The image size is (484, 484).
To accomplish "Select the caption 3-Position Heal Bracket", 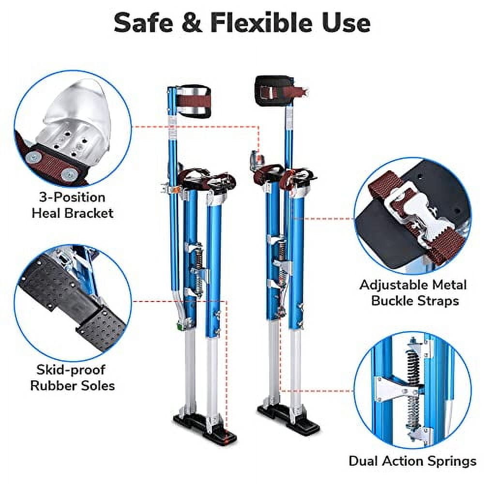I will coord(73,205).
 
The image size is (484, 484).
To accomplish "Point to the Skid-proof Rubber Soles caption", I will coord(73,378).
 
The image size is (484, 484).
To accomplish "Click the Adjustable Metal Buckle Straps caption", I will coord(413,292).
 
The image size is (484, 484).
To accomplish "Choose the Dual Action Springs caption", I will coord(412,461).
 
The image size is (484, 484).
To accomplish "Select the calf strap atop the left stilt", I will coord(195,102).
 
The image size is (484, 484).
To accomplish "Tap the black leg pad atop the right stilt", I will coord(273,91).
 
